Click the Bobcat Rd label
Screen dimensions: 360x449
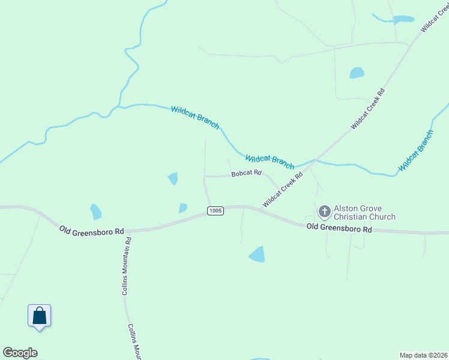(247, 173)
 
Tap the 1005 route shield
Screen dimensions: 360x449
(215, 211)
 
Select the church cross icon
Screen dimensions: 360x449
(324, 211)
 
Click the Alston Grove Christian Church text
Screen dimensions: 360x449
(364, 212)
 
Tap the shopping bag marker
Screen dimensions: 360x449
(39, 316)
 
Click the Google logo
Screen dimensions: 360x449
(20, 353)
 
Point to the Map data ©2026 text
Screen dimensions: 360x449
(423, 355)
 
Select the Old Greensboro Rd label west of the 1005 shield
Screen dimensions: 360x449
(91, 230)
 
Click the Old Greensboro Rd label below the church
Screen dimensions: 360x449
(339, 228)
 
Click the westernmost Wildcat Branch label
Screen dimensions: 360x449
(195, 116)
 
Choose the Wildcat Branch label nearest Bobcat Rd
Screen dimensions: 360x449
(270, 161)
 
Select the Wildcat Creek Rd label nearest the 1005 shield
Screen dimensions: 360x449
(282, 188)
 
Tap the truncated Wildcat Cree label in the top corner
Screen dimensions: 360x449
(435, 16)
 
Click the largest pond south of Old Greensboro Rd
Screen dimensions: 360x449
(257, 254)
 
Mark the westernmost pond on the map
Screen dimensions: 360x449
(95, 212)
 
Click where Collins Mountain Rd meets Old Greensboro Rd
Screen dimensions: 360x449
(127, 230)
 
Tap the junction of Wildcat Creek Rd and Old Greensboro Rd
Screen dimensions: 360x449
(262, 208)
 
